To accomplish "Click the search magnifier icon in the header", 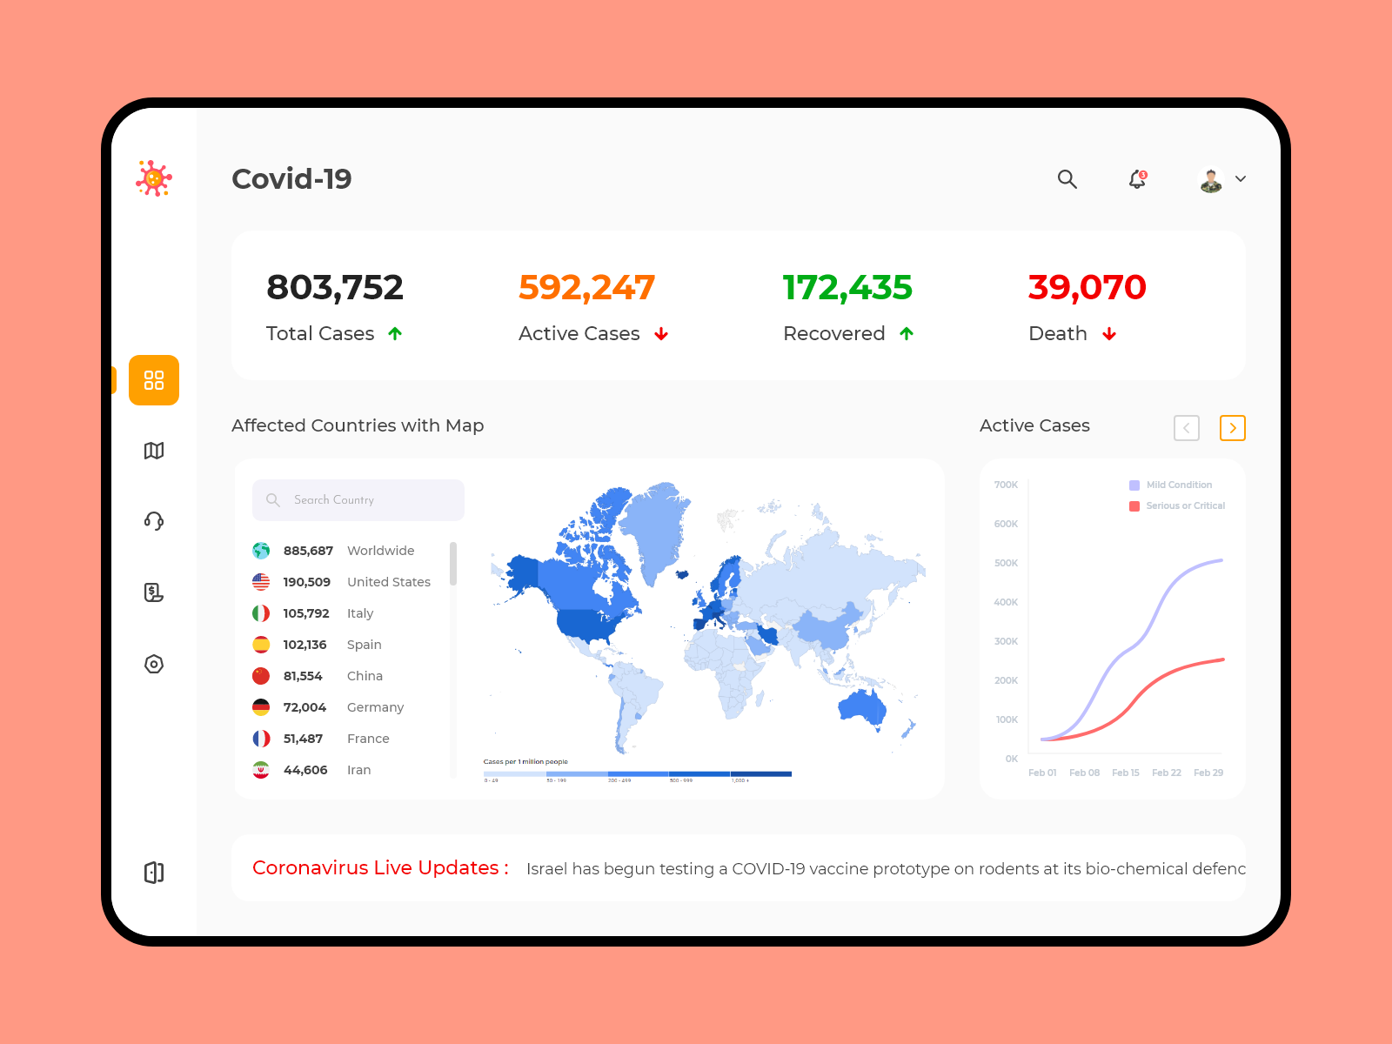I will coord(1067,179).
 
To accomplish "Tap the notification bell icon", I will coord(1137,179).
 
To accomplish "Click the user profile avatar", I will coord(1211,180).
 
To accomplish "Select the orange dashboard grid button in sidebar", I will coord(154,380).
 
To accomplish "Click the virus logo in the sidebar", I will coord(154,178).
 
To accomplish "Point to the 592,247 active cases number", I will coord(586,287).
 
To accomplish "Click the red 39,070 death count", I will coord(1087,287).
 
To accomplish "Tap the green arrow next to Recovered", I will coord(907,334).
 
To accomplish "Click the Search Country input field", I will coord(358,500).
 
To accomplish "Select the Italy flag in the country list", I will coord(261,613).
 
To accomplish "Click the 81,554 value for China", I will coord(303,676).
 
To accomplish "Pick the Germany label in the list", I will coord(375,707).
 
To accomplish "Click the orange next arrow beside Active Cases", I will coord(1232,428).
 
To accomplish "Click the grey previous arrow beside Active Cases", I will coord(1187,428).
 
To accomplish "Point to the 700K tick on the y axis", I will coord(1006,485).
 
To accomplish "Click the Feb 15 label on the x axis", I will coord(1125,773).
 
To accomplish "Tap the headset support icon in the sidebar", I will coord(154,521).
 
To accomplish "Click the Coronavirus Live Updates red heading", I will coord(380,868).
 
